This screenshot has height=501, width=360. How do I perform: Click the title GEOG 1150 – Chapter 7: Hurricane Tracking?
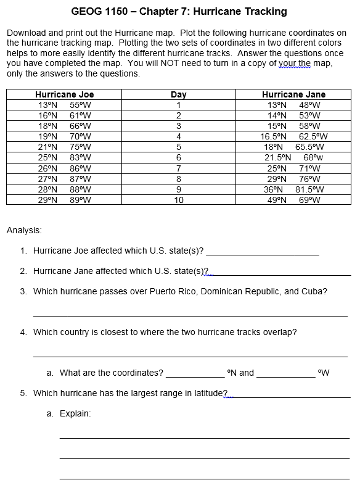point(179,12)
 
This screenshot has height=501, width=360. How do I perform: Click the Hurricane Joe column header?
point(64,94)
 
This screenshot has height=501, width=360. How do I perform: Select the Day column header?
point(178,94)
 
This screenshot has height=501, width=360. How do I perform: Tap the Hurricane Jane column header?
point(293,94)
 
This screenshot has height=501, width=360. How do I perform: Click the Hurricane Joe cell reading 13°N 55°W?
point(64,105)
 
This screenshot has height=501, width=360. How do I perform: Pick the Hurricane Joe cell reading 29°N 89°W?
point(64,200)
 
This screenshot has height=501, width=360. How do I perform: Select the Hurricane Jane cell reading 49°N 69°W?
point(293,200)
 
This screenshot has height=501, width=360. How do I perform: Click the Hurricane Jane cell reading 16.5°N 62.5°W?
point(293,136)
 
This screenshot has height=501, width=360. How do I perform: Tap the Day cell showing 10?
point(178,200)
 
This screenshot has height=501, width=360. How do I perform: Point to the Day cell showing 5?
point(178,147)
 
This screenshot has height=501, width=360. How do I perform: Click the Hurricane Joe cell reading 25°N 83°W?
point(64,157)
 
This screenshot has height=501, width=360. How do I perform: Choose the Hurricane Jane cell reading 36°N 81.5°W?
point(293,189)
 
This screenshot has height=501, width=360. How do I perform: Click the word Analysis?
point(24,230)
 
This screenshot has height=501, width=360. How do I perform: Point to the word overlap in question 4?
point(280,332)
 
